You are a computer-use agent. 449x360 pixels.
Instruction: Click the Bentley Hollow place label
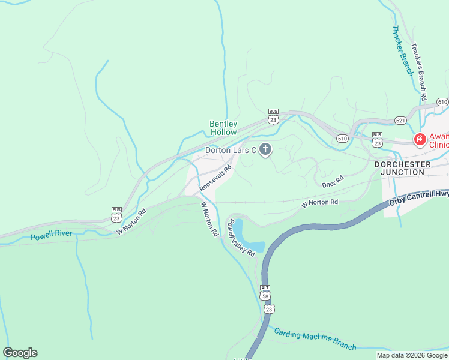[223, 128]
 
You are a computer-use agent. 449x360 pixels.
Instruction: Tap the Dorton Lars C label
[231, 150]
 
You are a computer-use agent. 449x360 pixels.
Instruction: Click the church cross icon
[265, 149]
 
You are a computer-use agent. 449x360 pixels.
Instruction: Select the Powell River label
[50, 236]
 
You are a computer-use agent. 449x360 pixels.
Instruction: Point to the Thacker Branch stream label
[402, 50]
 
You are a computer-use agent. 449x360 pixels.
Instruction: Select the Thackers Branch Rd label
[418, 71]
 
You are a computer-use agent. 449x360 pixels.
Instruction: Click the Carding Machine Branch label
[315, 339]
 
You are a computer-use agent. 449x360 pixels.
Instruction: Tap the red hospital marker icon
[420, 140]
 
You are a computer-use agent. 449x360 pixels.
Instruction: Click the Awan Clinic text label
[439, 140]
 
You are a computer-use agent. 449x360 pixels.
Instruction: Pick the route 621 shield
[401, 121]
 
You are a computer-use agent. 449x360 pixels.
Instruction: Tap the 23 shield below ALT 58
[268, 309]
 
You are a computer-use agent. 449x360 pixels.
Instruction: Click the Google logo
[20, 353]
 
